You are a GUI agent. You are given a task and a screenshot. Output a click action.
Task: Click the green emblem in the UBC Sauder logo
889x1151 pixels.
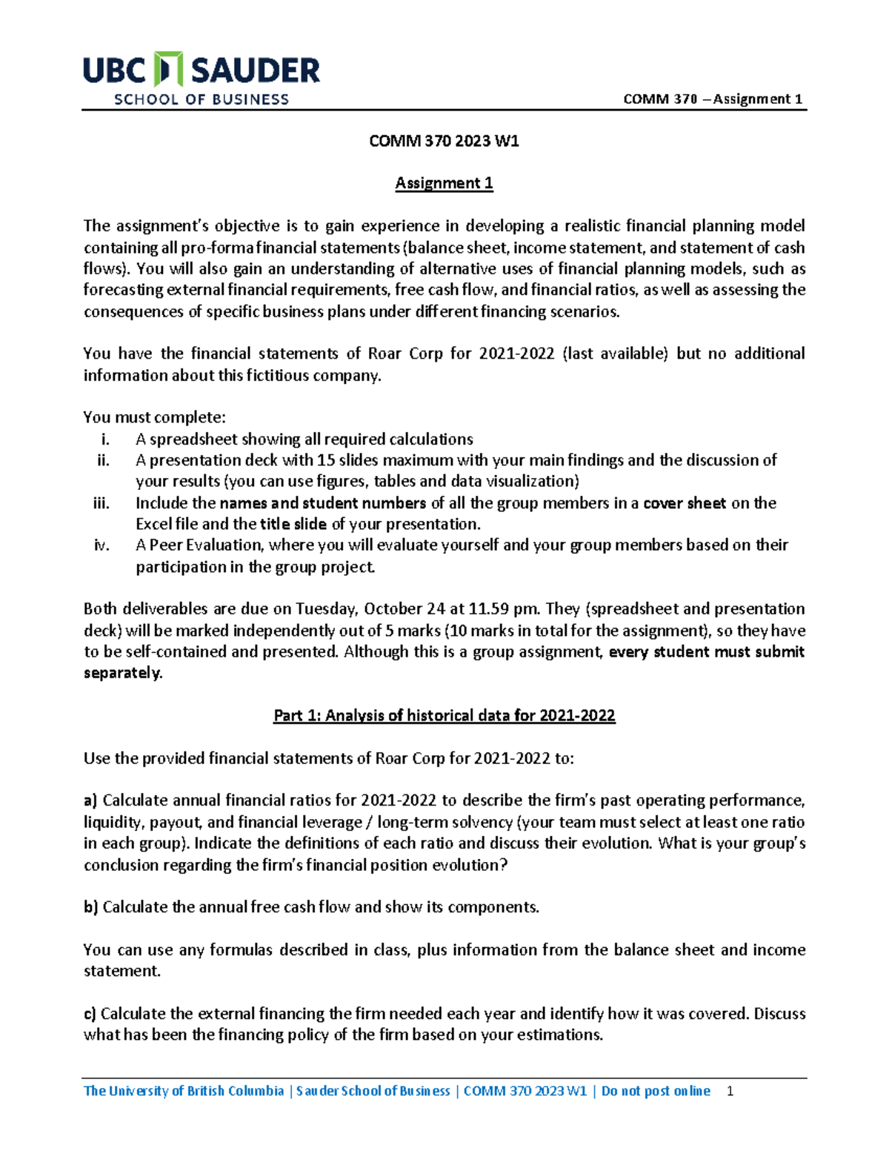point(168,70)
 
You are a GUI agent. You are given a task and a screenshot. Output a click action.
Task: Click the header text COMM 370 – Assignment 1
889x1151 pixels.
point(713,99)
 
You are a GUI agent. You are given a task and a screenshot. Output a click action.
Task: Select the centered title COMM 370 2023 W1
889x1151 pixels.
point(444,141)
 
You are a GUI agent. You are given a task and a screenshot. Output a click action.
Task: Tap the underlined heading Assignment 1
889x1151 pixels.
point(444,183)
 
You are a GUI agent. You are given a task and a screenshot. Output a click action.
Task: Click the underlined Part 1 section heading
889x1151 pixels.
point(444,715)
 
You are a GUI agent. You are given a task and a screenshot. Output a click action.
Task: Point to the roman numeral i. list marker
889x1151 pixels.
point(105,439)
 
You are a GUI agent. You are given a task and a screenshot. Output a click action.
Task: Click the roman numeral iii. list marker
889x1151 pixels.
point(101,503)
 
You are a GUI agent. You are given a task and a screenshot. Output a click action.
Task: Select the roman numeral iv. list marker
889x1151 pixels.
point(101,545)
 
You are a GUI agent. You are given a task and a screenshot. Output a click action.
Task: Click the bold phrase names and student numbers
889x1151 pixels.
point(322,503)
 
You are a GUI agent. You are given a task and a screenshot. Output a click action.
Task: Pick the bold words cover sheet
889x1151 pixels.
point(684,503)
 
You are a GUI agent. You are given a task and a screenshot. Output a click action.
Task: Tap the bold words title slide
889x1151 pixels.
point(293,524)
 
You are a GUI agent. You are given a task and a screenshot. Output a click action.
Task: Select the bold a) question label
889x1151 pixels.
point(90,800)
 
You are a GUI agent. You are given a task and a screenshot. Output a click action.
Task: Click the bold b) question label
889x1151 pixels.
point(90,907)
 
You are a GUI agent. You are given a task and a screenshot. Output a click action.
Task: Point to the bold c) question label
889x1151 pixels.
point(90,1014)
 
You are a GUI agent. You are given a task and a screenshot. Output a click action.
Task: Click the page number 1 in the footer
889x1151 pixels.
point(730,1091)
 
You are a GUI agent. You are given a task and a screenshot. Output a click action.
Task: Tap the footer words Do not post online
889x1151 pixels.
point(656,1091)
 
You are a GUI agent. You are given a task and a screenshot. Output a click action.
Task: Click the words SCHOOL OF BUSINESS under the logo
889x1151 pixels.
point(201,99)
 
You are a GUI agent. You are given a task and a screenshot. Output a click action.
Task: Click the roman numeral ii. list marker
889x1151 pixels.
point(103,460)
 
